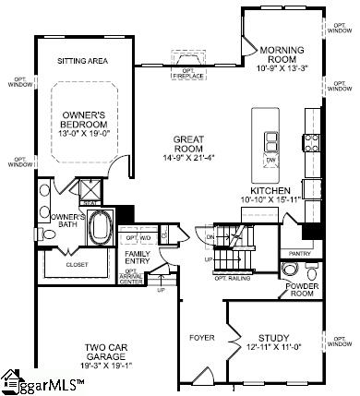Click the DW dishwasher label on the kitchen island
(270, 160)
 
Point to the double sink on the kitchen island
(271, 141)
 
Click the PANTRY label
(299, 252)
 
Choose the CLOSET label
(78, 262)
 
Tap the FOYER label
(201, 337)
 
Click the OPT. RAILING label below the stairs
(234, 277)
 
